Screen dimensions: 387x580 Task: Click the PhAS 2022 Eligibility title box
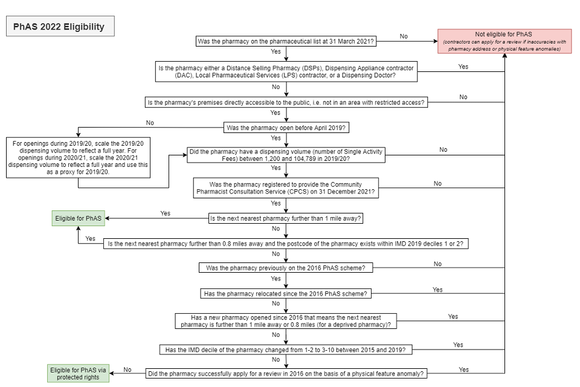click(59, 27)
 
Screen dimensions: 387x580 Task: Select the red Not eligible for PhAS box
click(504, 41)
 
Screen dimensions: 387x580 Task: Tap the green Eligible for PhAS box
click(79, 218)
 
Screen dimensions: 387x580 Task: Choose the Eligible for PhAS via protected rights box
click(79, 373)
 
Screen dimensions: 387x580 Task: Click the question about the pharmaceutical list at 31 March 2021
click(286, 41)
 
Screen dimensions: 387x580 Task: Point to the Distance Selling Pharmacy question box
click(285, 71)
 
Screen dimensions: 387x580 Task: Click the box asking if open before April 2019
click(286, 128)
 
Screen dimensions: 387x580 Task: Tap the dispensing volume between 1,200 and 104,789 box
click(286, 155)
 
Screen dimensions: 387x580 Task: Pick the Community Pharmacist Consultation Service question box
click(286, 187)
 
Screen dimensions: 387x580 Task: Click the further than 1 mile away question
click(286, 218)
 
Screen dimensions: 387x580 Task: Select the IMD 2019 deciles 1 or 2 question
click(286, 243)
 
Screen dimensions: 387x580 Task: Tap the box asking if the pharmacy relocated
click(286, 293)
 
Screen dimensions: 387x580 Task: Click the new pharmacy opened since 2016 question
click(286, 320)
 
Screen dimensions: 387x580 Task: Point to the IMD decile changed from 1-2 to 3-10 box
click(286, 350)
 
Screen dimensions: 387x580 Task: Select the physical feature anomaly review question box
click(286, 373)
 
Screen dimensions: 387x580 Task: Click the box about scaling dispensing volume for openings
click(78, 157)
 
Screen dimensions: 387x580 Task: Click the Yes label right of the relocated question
click(437, 290)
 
